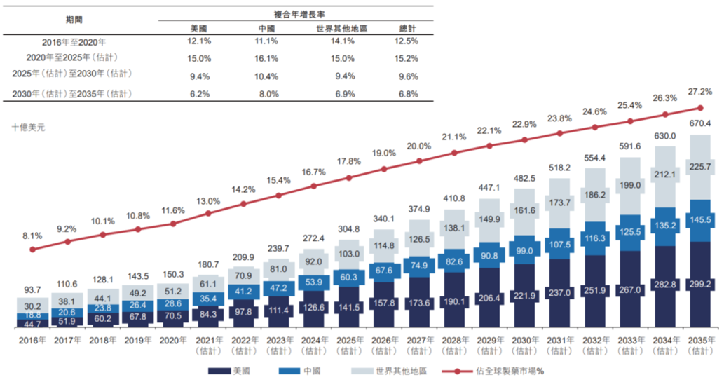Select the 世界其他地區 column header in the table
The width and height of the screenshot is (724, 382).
[342, 28]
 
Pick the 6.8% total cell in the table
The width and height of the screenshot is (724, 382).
[408, 93]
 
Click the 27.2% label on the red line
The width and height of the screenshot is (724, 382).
[701, 92]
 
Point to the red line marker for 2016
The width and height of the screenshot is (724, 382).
[32, 250]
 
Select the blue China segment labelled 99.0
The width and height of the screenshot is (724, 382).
[524, 250]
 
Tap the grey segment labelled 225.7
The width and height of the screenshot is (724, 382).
[699, 167]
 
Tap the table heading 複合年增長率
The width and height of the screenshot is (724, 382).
[303, 14]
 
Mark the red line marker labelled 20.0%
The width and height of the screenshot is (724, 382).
[419, 161]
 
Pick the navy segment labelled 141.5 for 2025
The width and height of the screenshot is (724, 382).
[348, 307]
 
